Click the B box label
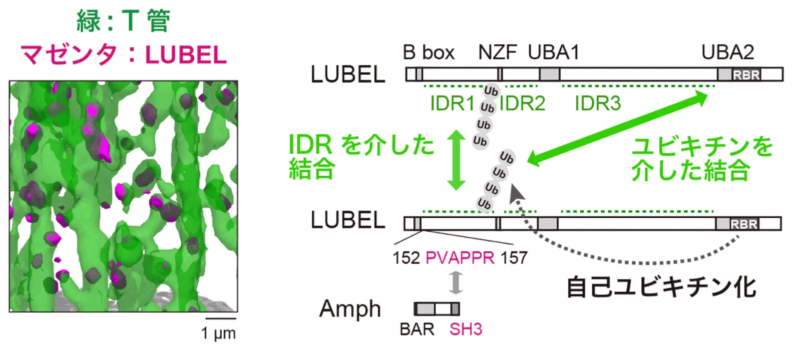coord(428,52)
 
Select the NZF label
coord(497,52)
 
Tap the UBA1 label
coord(553,52)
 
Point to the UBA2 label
coord(727,52)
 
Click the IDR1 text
coord(452,103)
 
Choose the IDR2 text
coord(522,103)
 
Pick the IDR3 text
coord(597,103)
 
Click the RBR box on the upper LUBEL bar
coord(746,75)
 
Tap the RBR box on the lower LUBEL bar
coord(744,224)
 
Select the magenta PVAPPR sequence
coord(459,258)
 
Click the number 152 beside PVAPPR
coord(406,258)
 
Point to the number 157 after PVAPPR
coord(514,258)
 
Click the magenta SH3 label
coord(465,330)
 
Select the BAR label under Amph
coord(417,330)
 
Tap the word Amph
coord(350,309)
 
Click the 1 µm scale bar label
coord(218,333)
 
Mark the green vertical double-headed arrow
coord(456,160)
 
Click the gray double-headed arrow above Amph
coord(455,283)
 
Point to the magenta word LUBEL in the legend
coord(186,55)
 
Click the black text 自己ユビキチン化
coord(661,288)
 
